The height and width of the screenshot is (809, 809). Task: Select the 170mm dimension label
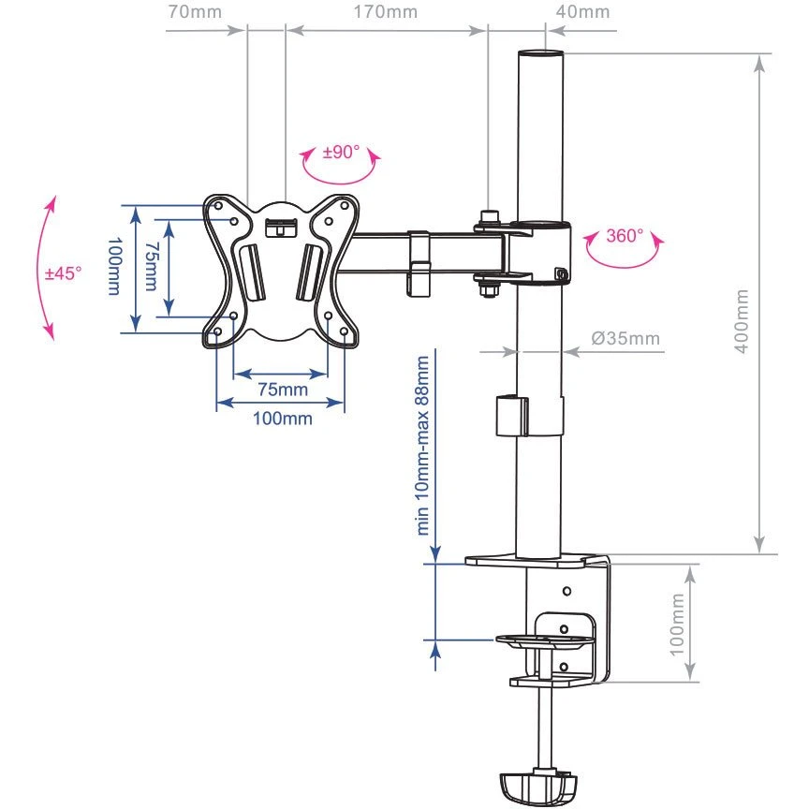coord(388,12)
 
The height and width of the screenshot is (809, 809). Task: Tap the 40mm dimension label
coord(582,12)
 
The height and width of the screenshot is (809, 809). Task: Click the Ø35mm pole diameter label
coord(625,338)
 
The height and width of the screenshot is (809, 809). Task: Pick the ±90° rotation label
coord(341,152)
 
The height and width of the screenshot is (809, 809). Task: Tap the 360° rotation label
coord(625,236)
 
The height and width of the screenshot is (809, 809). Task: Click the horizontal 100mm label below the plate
coord(282,418)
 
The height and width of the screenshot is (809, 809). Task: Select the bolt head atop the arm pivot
coord(489,217)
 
